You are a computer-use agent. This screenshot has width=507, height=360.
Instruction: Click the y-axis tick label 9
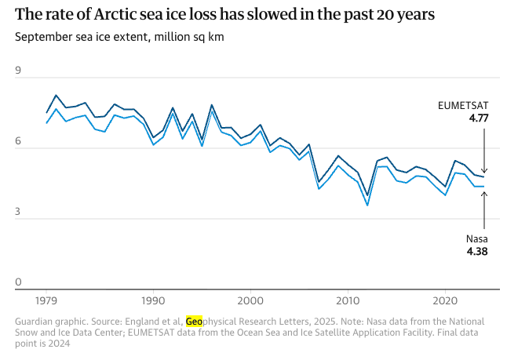19,71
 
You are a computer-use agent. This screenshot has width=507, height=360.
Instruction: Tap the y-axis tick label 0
19,282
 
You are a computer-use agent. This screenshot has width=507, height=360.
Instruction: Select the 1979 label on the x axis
46,300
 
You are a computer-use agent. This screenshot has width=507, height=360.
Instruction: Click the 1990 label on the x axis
153,300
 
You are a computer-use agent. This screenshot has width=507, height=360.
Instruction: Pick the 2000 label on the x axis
250,300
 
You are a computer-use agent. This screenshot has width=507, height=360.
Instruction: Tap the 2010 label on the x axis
348,300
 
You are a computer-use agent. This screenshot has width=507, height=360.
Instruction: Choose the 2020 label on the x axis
445,300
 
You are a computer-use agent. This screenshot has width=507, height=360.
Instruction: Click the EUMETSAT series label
464,105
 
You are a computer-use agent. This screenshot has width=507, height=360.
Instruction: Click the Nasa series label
477,239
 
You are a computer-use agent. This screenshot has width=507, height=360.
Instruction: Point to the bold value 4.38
477,253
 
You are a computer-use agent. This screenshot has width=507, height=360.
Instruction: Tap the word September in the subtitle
44,37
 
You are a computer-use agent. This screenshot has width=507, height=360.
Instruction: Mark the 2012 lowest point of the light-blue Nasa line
367,205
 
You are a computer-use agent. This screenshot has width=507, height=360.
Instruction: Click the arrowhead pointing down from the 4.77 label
484,170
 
